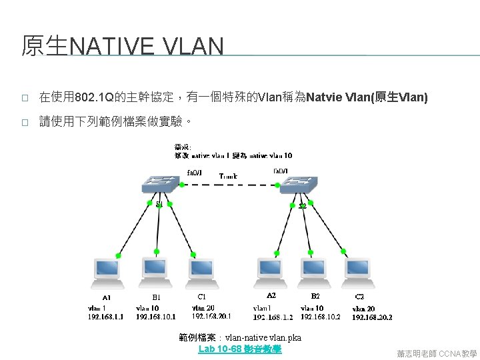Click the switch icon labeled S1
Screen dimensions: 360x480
[158, 185]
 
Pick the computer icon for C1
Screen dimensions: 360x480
[201, 270]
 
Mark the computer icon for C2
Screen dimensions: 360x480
[358, 270]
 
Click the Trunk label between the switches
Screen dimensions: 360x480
[228, 176]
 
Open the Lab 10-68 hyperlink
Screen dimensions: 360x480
[240, 349]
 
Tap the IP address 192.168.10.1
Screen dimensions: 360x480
[155, 317]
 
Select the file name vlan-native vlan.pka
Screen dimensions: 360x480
[263, 338]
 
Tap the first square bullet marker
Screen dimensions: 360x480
[24, 99]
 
